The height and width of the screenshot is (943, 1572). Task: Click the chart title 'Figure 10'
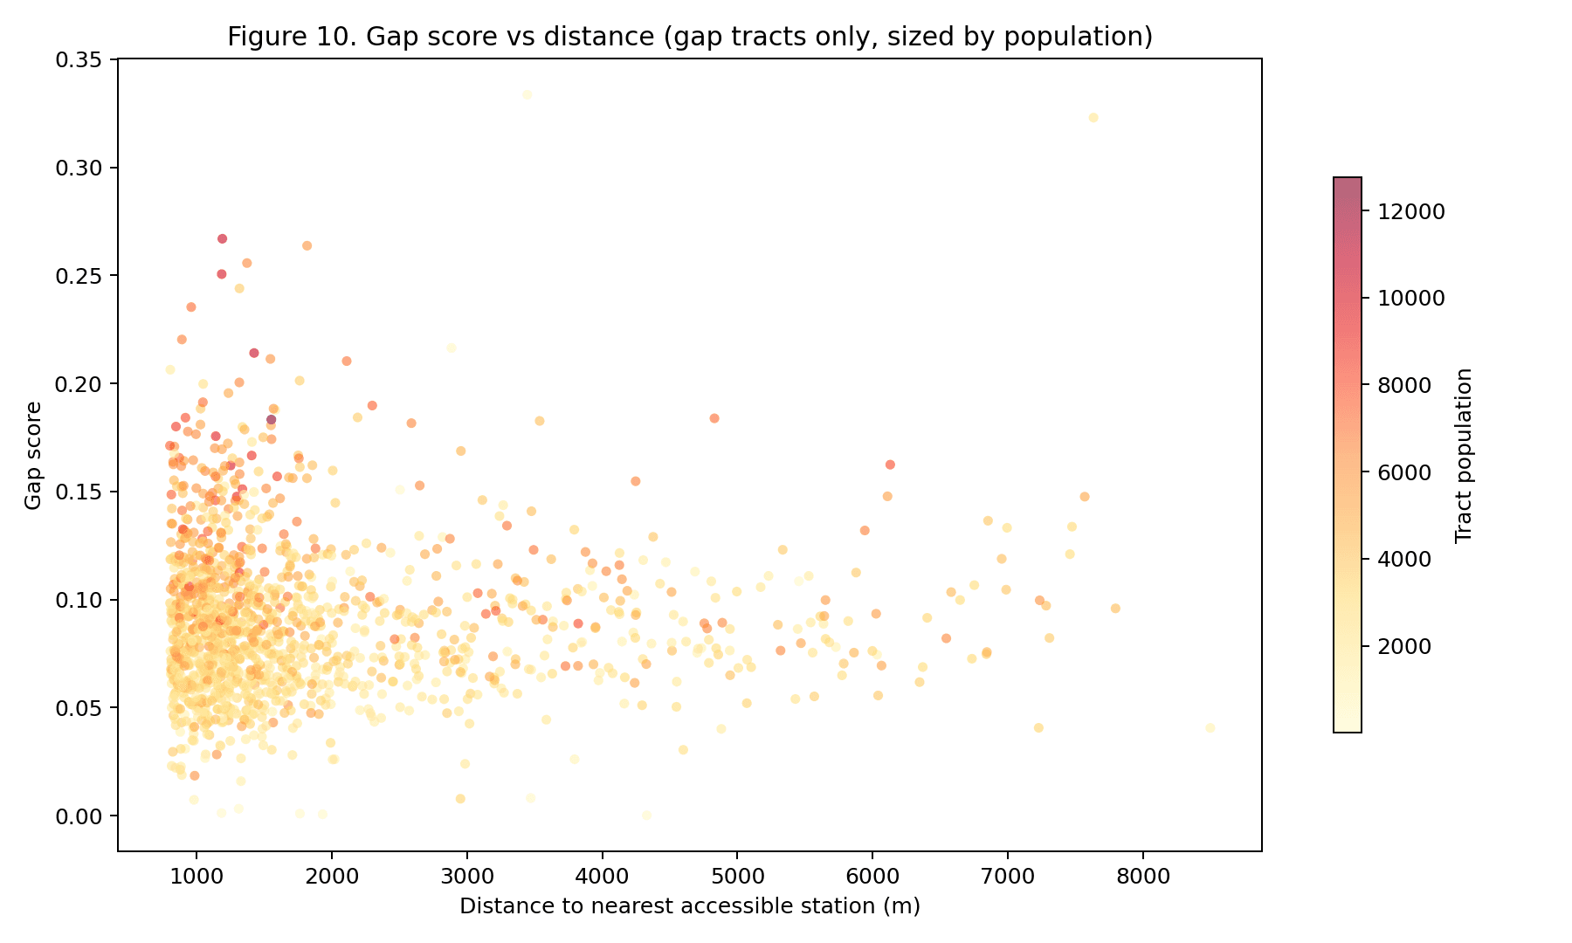coord(690,37)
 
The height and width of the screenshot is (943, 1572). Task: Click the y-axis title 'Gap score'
coord(33,455)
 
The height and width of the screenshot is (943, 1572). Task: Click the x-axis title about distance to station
coord(690,906)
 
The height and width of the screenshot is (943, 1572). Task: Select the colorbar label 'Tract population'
coord(1465,455)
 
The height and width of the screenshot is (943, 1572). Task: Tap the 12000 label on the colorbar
coord(1411,211)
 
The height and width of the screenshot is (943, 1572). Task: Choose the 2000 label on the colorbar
coord(1404,646)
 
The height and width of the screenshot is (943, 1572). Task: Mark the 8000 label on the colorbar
coord(1404,385)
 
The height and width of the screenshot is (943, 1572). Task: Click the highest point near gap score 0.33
coord(527,94)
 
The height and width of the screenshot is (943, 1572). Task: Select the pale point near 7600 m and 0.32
coord(1093,118)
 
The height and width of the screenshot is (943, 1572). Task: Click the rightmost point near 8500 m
coord(1210,727)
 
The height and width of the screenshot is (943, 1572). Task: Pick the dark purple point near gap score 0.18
coord(271,419)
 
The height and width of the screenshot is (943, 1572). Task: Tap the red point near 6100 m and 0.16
coord(890,465)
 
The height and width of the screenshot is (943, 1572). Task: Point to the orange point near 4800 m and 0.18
coord(714,418)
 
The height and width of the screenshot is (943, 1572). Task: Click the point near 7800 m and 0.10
coord(1115,609)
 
